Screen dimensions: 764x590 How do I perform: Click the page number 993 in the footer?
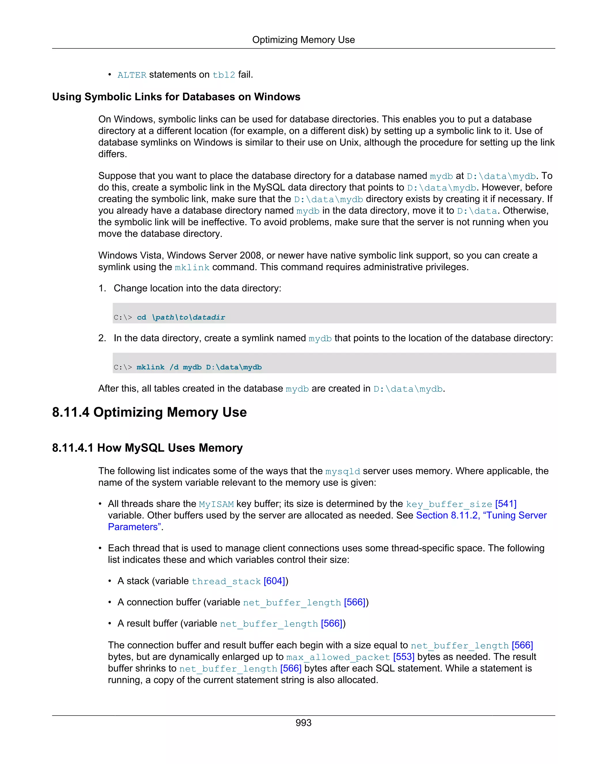[x=303, y=723]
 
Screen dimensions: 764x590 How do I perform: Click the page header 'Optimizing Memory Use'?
[x=303, y=40]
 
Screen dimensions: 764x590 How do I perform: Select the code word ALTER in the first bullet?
[x=132, y=75]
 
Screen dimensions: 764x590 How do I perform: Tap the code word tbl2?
[x=224, y=75]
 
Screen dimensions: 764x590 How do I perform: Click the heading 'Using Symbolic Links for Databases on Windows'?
[x=176, y=97]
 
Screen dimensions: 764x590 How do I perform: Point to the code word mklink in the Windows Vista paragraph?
[x=192, y=268]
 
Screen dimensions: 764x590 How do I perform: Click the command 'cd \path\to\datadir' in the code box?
[x=181, y=317]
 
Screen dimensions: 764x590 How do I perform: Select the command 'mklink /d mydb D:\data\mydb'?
[x=199, y=367]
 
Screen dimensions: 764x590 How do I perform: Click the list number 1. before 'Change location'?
[x=102, y=288]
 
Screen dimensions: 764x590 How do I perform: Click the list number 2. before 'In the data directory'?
[x=102, y=338]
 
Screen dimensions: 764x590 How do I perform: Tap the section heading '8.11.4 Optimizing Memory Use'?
[x=149, y=413]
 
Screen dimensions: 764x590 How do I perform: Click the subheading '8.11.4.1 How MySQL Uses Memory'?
[x=147, y=448]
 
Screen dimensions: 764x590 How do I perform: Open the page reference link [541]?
[x=505, y=504]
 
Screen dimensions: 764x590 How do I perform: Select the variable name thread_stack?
[x=226, y=582]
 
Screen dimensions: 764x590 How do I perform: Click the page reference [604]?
[x=274, y=581]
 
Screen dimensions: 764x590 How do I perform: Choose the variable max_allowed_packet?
[x=338, y=657]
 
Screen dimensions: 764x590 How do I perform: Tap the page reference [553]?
[x=404, y=657]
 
